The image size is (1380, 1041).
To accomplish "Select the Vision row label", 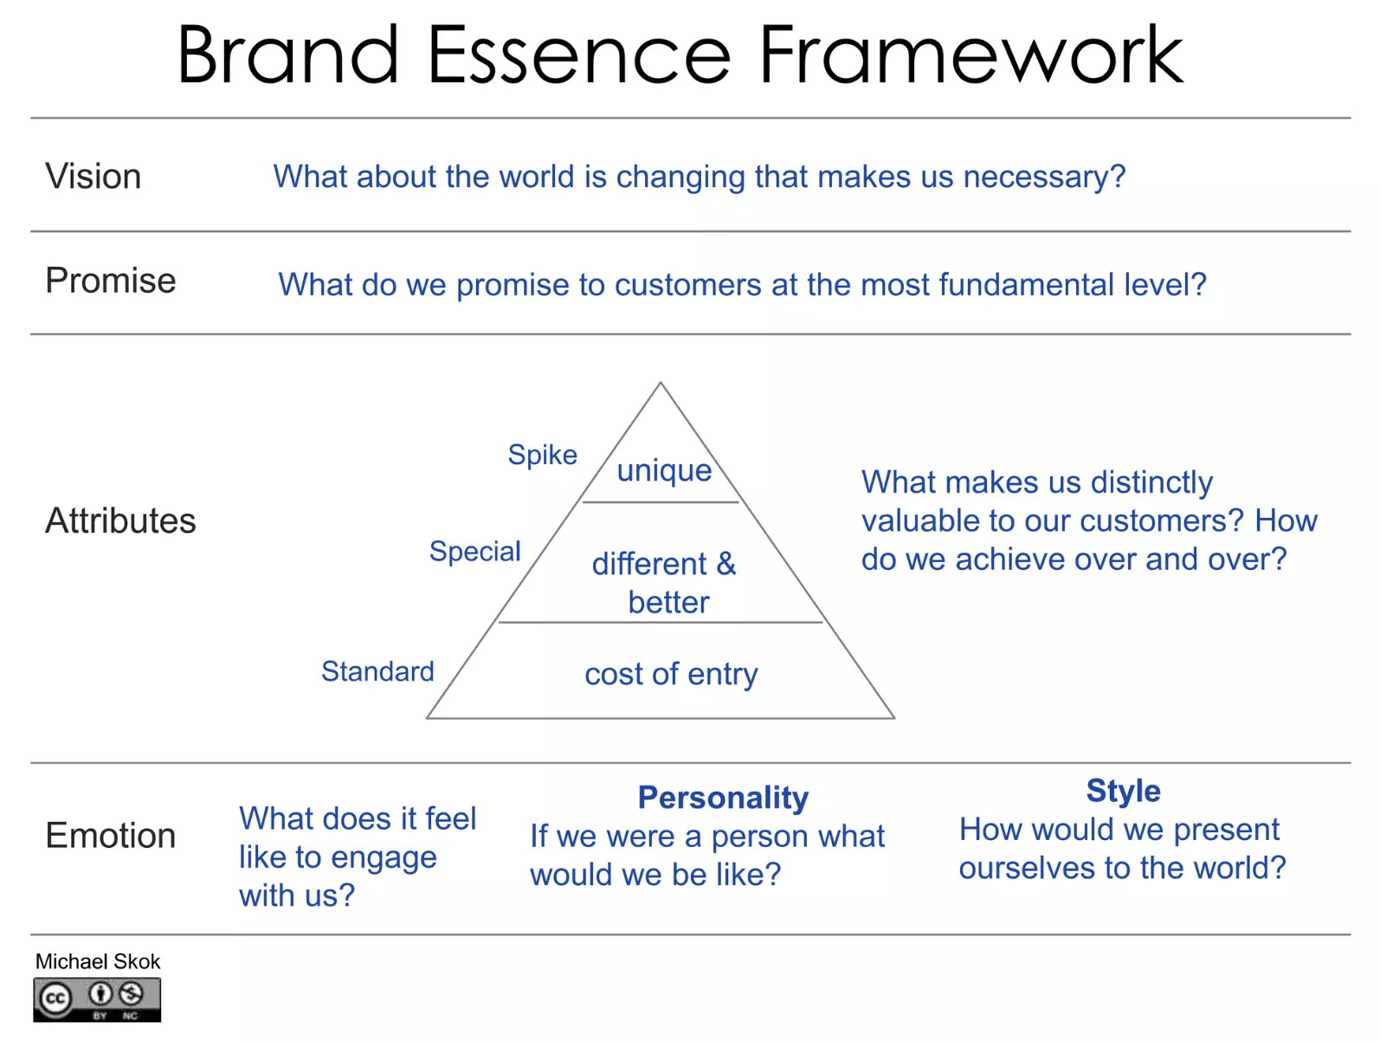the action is point(93,176).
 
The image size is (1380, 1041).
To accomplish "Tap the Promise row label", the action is point(111,280).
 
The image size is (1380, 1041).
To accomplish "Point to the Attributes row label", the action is point(120,520).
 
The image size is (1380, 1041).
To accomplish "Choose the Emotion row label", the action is point(111,836).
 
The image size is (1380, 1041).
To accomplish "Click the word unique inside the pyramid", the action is point(665,471).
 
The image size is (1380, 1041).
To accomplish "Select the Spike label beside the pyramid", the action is point(543,456).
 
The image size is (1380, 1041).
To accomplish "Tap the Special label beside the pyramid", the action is point(475,552).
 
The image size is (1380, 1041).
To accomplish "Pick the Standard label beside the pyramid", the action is point(377,671).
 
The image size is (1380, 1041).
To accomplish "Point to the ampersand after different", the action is point(726,563).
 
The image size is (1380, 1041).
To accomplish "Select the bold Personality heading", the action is point(723,798).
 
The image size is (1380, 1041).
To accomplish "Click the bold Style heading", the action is point(1124,791).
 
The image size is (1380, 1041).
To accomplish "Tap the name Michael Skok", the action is point(98,961).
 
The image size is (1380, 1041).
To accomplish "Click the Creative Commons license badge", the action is point(97,999).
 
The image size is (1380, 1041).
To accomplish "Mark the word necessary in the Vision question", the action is point(1044,177).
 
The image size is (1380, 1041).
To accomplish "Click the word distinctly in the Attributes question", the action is point(1151,483).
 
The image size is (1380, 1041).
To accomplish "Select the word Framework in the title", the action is point(971,55).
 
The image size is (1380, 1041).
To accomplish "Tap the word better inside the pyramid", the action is point(669,602).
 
